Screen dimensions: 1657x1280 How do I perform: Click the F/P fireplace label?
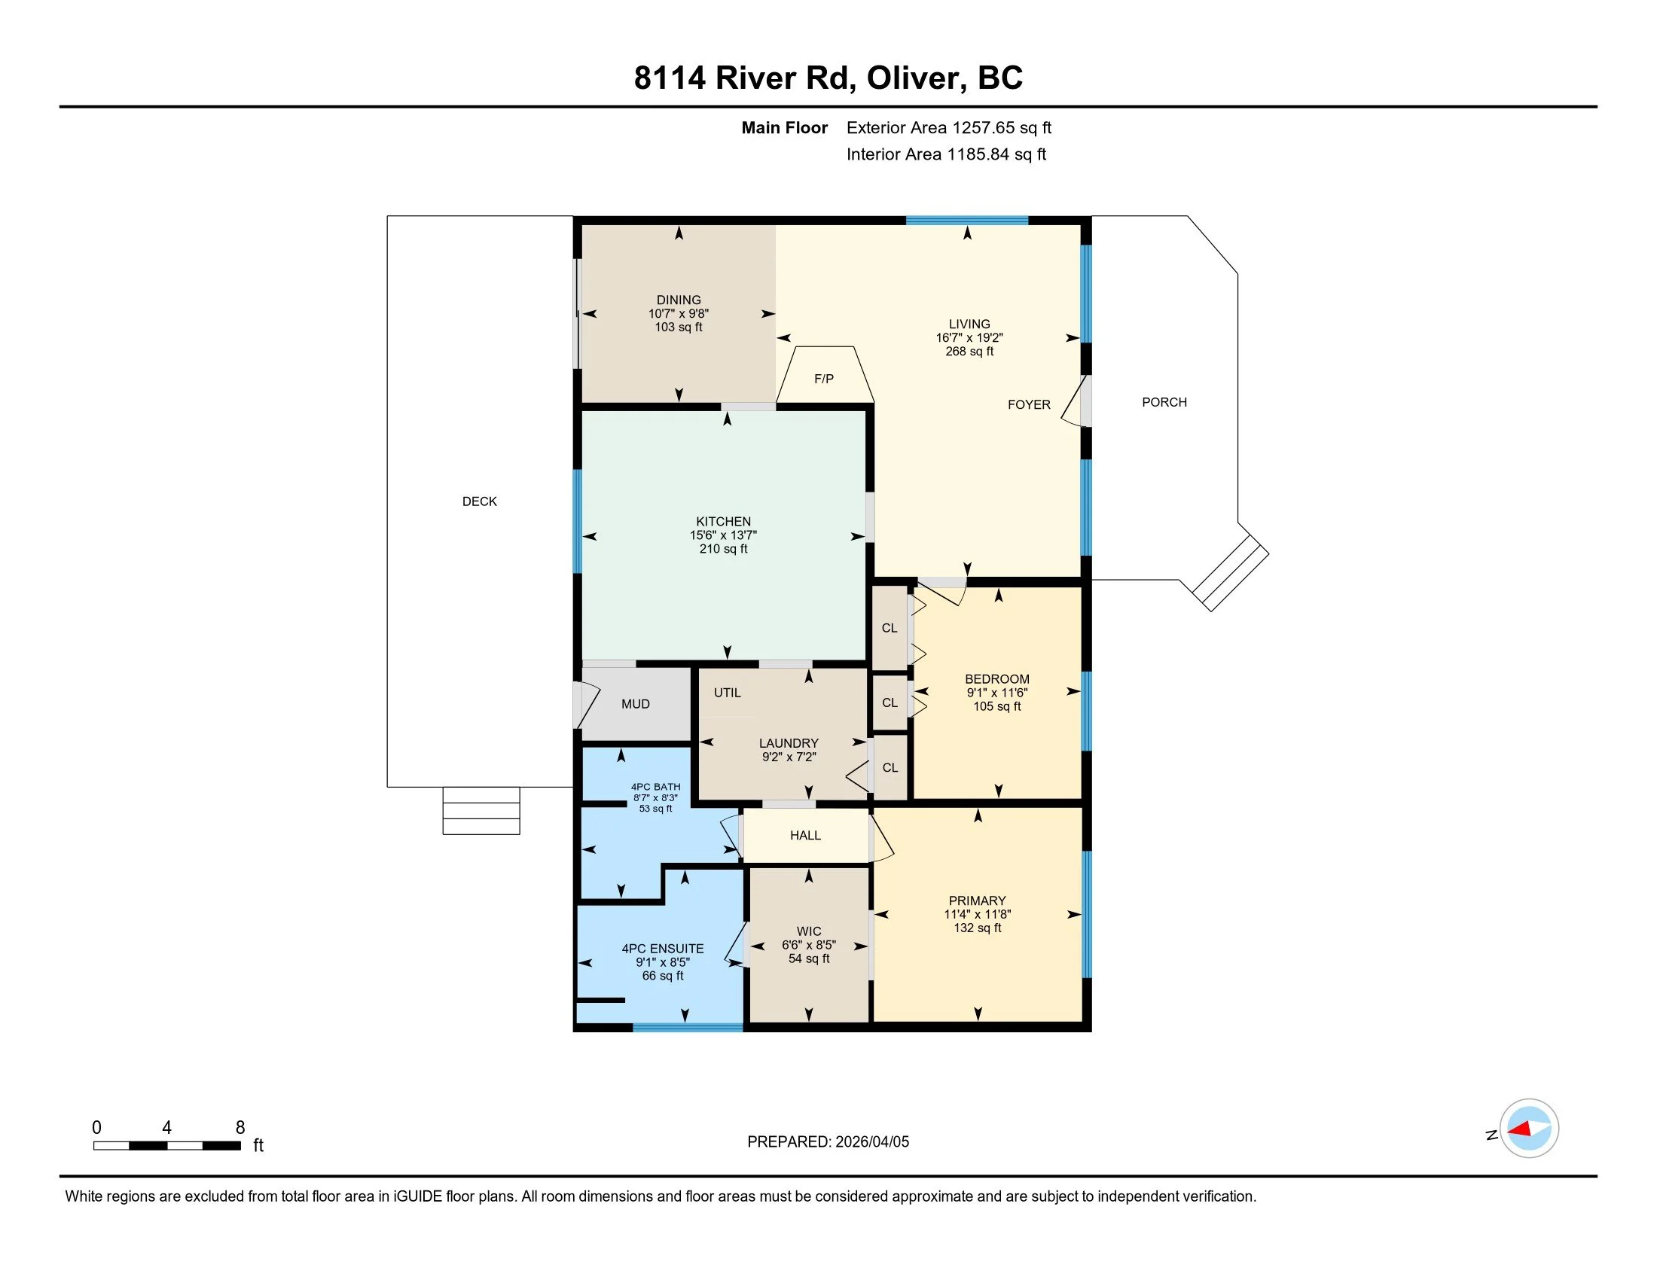click(824, 379)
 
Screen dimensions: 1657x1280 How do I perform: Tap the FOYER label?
click(1029, 405)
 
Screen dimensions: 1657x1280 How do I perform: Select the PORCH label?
click(1164, 402)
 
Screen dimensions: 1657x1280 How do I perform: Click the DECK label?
click(480, 501)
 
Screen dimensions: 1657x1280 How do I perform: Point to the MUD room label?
click(636, 704)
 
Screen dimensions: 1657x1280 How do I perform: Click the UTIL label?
click(728, 692)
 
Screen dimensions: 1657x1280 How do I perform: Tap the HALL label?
click(806, 835)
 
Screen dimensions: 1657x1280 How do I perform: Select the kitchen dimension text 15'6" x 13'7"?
click(723, 535)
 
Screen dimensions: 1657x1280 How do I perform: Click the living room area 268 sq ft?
click(969, 351)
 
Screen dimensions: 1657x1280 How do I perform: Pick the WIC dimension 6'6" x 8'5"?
click(809, 945)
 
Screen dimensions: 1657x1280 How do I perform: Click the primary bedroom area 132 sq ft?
click(977, 928)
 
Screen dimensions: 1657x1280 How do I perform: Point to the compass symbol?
click(1529, 1128)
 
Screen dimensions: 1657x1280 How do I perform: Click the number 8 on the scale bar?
click(240, 1128)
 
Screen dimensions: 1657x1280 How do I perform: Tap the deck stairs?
click(481, 811)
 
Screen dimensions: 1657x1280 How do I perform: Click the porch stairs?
click(1230, 572)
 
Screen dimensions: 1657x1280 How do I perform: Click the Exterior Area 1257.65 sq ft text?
click(949, 127)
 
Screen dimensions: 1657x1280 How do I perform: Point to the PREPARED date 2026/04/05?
click(871, 1141)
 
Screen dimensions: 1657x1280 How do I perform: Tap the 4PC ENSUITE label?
click(663, 949)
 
